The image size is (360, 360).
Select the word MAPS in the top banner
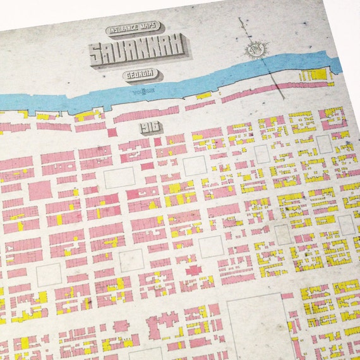(149, 29)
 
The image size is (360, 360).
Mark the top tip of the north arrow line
(240, 19)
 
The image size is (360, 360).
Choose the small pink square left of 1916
(112, 133)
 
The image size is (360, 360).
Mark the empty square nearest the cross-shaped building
(210, 247)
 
